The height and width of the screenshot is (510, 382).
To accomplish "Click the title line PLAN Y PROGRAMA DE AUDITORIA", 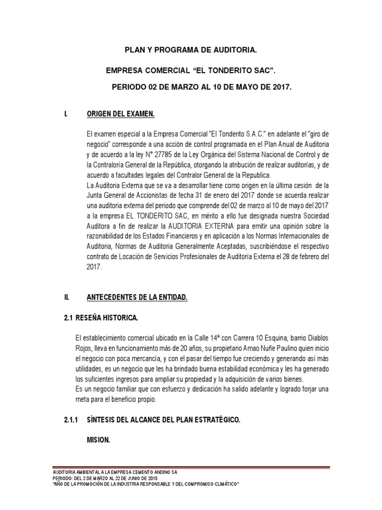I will click(191, 50).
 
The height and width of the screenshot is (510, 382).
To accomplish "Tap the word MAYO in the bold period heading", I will click(238, 87).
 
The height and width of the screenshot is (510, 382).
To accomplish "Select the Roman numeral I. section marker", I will click(66, 115).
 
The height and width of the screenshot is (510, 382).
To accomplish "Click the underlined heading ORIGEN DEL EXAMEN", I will click(121, 115).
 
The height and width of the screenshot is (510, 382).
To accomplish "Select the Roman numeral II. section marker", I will click(66, 297).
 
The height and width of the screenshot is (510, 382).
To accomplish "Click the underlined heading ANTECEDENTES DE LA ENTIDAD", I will click(137, 297).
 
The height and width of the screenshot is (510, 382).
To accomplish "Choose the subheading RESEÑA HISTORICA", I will click(106, 317).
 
